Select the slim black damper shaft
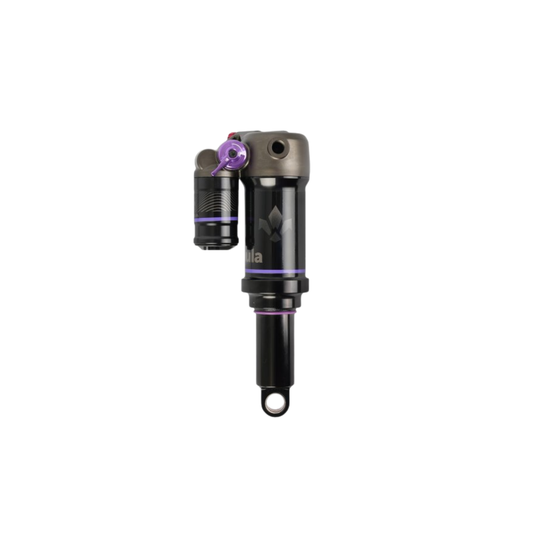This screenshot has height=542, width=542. click(273, 350)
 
